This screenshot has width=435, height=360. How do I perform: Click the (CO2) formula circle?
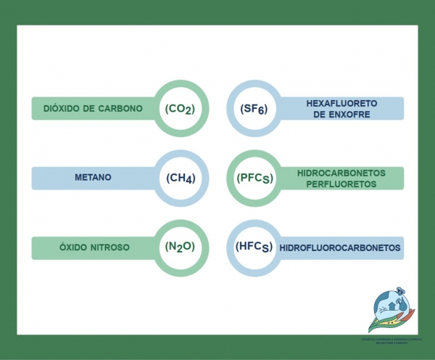181,109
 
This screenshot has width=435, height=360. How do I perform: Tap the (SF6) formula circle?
254,109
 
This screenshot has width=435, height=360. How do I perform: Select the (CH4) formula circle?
181,178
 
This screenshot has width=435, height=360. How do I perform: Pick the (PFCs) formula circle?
254,178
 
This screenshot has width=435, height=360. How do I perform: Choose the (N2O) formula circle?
181,247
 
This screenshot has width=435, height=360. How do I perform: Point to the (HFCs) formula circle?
254,247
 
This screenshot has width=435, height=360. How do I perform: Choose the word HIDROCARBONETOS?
341,173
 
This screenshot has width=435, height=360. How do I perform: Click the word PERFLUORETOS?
341,184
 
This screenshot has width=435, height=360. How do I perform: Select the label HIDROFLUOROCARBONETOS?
340,247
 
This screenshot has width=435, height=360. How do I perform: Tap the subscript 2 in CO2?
188,112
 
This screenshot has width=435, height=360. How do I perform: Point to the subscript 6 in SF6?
264,112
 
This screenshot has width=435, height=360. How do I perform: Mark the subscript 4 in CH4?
189,181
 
